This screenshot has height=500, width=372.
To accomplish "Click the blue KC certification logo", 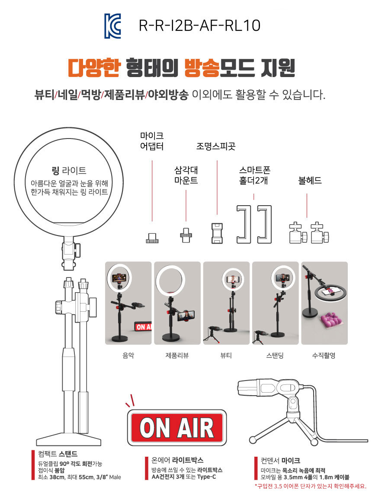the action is [x=113, y=26].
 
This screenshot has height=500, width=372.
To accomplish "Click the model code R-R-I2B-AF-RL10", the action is [x=200, y=26].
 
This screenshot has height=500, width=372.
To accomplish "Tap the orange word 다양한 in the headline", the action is [x=94, y=68].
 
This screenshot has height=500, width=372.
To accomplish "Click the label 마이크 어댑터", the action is [x=152, y=141].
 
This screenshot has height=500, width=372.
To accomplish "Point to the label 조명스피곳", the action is [x=216, y=146].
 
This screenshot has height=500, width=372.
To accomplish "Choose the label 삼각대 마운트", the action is [x=186, y=175].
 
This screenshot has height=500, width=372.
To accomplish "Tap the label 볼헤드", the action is [x=310, y=181].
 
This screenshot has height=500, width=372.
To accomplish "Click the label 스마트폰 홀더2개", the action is [x=254, y=175].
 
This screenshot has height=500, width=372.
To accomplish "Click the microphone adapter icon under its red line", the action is [x=152, y=238].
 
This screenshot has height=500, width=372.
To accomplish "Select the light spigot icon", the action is [x=217, y=233].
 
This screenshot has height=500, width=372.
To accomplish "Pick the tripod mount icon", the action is [x=186, y=235].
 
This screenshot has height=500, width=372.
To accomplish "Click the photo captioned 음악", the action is [x=128, y=303].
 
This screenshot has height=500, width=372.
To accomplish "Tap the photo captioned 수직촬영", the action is [x=324, y=303].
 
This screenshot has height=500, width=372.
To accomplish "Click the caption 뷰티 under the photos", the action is [x=226, y=355].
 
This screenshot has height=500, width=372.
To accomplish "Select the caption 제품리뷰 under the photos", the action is [x=177, y=355].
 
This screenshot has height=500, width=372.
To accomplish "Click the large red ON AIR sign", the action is [x=177, y=428].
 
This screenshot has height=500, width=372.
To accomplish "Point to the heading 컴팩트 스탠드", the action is [x=58, y=454].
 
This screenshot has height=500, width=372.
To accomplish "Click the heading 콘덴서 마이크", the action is [x=280, y=461].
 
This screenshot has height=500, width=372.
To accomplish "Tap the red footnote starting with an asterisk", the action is [x=311, y=486].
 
